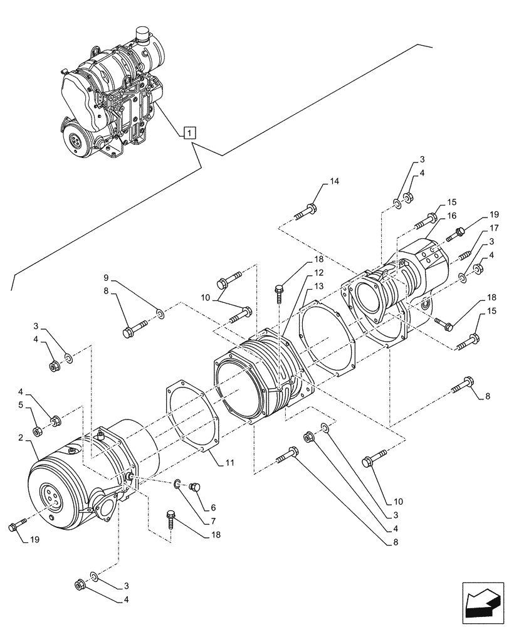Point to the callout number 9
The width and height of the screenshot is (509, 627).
pyautogui.click(x=107, y=277)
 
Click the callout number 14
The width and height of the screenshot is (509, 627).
pyautogui.click(x=334, y=182)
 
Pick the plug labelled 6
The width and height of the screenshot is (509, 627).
pyautogui.click(x=194, y=485)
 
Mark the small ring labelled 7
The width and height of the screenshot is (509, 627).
pyautogui.click(x=178, y=483)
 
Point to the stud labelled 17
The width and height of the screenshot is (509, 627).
pyautogui.click(x=464, y=255)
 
